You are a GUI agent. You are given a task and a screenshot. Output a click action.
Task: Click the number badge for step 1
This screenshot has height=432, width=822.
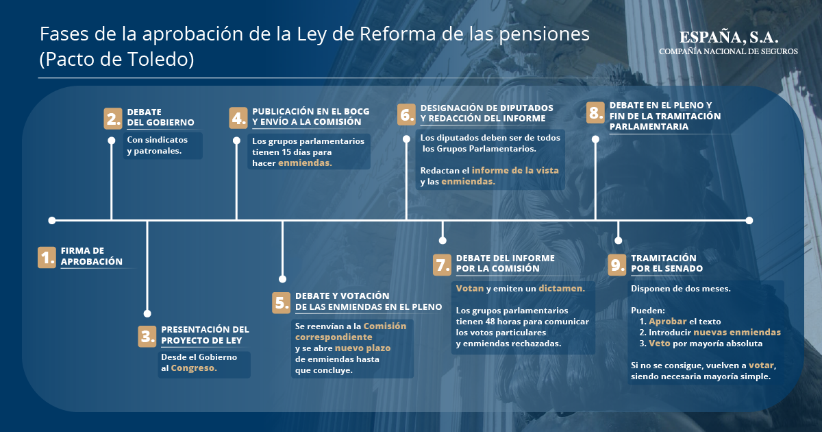click(x=47, y=257)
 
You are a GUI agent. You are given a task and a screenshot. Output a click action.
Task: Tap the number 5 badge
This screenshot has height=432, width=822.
click(x=281, y=302)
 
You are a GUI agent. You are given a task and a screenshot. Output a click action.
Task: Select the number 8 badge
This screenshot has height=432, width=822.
click(x=595, y=112)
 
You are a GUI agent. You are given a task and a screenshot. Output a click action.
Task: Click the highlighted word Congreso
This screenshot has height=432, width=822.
click(x=194, y=368)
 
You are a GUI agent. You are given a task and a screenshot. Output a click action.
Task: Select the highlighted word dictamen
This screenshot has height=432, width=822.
click(x=562, y=289)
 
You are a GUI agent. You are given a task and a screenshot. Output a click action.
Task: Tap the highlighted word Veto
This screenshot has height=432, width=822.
click(x=660, y=344)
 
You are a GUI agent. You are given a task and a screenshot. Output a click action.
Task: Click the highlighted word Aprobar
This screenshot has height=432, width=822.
click(x=667, y=322)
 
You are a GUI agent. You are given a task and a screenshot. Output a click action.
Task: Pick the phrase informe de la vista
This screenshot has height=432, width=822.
click(x=515, y=171)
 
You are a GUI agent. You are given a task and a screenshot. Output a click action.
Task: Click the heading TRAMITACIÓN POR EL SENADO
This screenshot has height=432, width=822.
click(x=667, y=263)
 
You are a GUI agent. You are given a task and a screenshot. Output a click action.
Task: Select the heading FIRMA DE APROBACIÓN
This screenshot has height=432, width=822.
click(x=92, y=256)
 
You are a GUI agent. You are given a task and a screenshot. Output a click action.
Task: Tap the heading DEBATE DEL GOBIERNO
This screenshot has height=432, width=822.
click(x=160, y=117)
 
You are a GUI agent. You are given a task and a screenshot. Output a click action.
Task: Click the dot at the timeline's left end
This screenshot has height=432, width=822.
click(x=52, y=220)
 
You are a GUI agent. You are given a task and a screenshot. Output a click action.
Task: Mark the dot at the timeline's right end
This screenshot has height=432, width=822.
click(x=749, y=220)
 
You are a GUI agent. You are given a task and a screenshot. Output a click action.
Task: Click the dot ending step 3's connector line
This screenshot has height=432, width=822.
click(x=147, y=313)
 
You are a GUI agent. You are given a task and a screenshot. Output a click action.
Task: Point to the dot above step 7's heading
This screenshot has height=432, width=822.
click(x=443, y=241)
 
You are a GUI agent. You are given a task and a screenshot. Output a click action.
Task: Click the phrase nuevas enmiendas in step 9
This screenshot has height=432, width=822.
click(x=737, y=333)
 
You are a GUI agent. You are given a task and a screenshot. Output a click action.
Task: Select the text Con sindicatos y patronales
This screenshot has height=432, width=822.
click(x=157, y=145)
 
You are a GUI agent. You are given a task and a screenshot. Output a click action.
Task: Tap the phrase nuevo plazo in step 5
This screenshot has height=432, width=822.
click(x=362, y=348)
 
